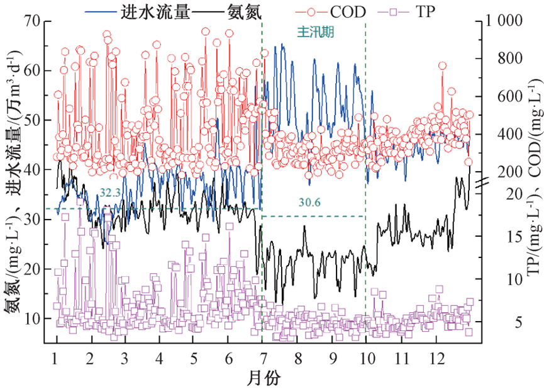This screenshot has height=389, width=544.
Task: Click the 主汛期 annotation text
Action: [314, 30]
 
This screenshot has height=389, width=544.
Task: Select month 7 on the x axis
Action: [261, 358]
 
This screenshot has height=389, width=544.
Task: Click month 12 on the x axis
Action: [434, 358]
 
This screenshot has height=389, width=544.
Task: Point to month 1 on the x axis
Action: [57, 358]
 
